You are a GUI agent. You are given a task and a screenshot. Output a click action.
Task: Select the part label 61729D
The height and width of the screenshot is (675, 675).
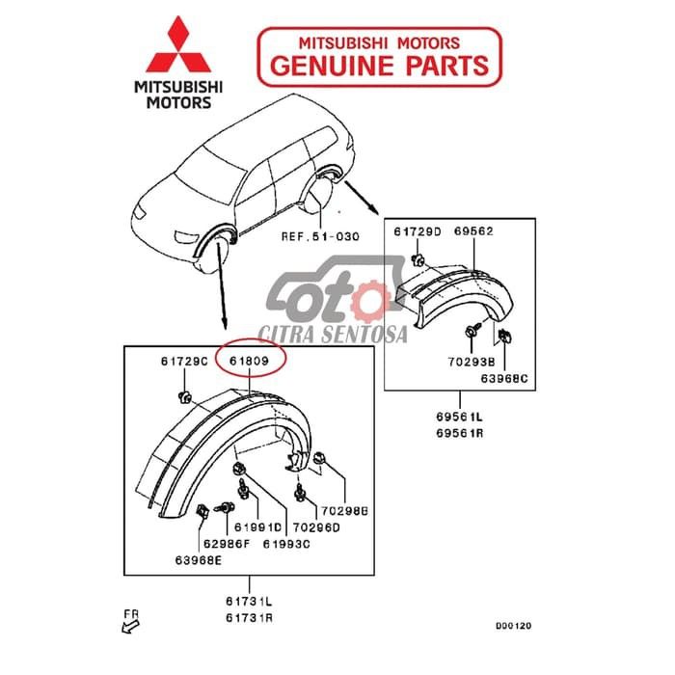pos(418,231)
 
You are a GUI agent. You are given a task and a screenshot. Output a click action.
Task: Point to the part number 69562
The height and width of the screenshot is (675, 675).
pos(474,231)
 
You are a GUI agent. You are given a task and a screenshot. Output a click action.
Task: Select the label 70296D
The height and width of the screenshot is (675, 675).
pos(316,527)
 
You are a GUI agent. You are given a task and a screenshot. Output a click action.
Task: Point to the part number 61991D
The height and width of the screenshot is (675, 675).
pos(257,527)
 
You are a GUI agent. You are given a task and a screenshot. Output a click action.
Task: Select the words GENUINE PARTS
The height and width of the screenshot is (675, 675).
pos(379,65)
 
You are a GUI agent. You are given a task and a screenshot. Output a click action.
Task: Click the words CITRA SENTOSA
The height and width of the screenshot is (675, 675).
pos(332,334)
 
